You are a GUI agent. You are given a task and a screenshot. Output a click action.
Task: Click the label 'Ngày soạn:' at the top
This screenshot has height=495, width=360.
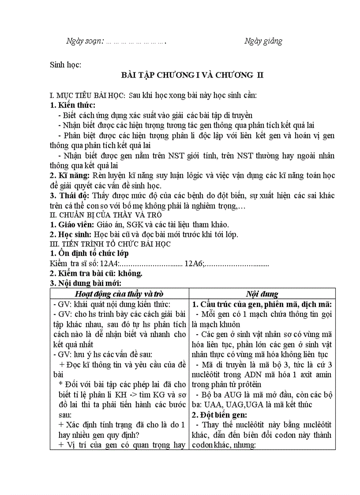coord(85,41)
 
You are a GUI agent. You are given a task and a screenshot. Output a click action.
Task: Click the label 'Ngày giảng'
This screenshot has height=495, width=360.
coord(263,41)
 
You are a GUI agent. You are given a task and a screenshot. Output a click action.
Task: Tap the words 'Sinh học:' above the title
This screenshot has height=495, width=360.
coord(65,65)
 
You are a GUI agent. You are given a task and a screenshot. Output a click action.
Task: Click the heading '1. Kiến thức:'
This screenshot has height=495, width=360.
coord(72,105)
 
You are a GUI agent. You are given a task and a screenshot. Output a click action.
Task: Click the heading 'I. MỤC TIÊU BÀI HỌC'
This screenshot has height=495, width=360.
coord(88,96)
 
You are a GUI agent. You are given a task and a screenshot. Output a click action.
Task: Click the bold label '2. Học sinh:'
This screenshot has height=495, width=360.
coord(71,234)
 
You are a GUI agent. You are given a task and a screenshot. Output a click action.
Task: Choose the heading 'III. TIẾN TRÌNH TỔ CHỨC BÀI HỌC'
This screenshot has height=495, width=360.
coord(110,244)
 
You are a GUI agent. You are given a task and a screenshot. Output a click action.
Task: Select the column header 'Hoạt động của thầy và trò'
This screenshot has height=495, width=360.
coord(120,294)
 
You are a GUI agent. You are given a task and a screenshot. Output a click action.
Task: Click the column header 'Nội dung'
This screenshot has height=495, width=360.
coord(262,294)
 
